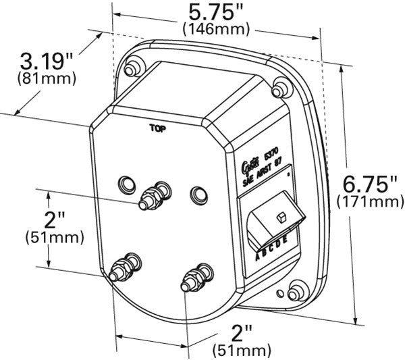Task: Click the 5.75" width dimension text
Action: point(215,12)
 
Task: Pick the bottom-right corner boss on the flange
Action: point(296,292)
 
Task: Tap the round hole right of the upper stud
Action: point(197,195)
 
